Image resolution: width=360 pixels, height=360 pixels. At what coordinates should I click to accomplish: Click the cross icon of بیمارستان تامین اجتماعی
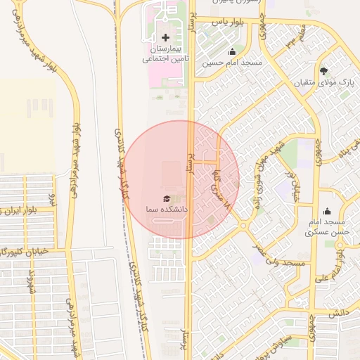(x=165, y=37)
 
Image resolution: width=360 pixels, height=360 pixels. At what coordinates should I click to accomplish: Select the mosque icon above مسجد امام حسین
(x=232, y=51)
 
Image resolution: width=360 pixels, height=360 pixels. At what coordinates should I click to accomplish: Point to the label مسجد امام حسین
(x=232, y=63)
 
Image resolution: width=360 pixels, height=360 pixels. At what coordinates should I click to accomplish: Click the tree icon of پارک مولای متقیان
(x=323, y=71)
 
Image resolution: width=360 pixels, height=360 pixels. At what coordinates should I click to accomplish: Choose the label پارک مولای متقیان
(x=324, y=83)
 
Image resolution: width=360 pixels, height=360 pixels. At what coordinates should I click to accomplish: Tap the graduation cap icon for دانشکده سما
(x=167, y=199)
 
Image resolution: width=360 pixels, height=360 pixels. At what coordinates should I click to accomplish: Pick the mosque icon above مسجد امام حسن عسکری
(x=326, y=211)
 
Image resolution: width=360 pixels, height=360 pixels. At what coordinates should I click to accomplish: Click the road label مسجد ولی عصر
(x=281, y=263)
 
